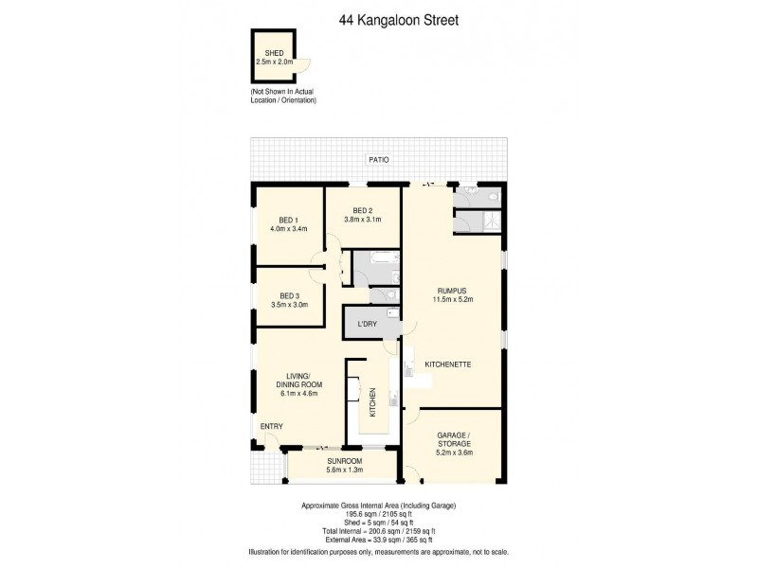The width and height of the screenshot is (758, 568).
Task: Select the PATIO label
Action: click(x=379, y=160)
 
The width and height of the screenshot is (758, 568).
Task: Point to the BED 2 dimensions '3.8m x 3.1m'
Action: click(x=363, y=220)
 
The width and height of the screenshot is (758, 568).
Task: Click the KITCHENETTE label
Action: click(x=449, y=364)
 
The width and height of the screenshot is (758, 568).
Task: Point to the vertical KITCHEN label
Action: click(x=373, y=401)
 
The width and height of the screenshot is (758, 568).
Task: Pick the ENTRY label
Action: click(x=272, y=426)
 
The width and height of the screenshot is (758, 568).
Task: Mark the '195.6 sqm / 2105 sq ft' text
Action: click(x=378, y=517)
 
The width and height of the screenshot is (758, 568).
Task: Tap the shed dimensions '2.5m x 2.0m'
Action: click(x=275, y=62)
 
